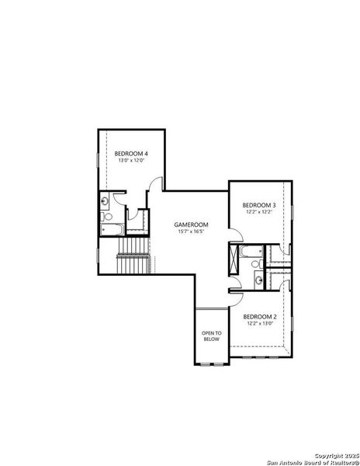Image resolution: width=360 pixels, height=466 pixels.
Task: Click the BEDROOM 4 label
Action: [131, 154]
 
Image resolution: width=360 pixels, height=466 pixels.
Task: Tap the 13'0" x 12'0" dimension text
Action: [131, 161]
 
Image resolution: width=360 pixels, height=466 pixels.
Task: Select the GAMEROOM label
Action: [191, 224]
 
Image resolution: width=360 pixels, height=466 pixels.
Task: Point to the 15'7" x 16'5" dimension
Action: [191, 231]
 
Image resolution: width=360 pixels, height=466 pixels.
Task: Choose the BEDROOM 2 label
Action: [258, 317]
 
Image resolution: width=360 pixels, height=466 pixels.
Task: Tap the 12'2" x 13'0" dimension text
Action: [258, 324]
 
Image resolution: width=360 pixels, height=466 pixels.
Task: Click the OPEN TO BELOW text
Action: [212, 336]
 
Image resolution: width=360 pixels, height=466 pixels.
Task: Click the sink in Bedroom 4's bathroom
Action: [105, 201]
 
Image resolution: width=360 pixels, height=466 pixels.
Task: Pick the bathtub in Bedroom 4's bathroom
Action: [112, 229]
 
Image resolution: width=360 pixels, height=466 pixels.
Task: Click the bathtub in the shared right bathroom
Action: [251, 253]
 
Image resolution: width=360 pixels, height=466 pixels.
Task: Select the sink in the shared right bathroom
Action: [258, 280]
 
